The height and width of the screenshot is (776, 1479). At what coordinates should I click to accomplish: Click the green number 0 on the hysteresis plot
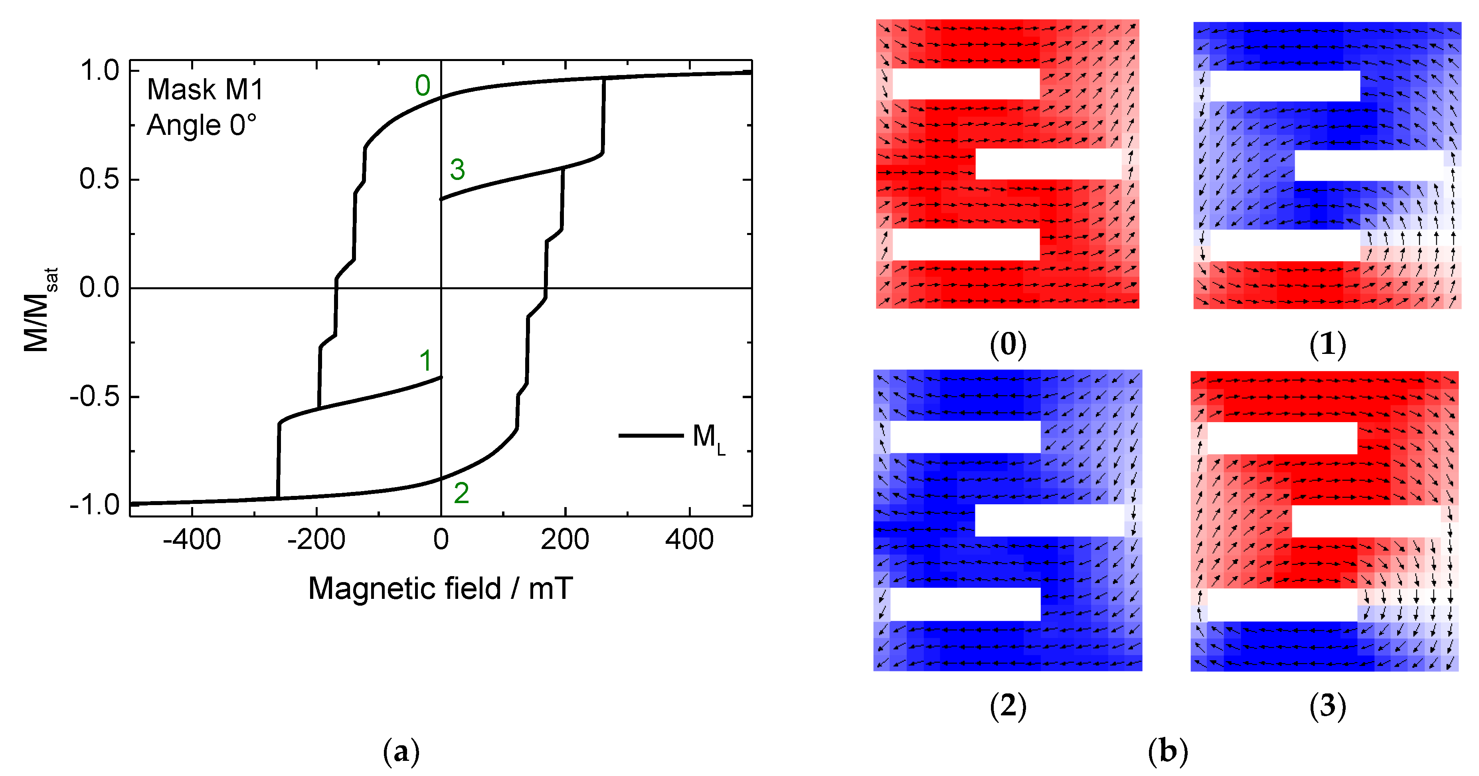pos(423,86)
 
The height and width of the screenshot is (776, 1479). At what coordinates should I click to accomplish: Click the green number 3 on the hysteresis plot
pos(457,169)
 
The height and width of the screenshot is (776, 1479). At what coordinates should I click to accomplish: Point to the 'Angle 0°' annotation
pos(201,125)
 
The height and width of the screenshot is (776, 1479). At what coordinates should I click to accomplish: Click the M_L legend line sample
pos(651,436)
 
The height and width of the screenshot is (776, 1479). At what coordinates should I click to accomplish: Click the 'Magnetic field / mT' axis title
pos(440,589)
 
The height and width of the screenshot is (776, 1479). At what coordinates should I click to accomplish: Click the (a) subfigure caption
pos(401,752)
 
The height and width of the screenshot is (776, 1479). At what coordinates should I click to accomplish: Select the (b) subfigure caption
pos(1168,752)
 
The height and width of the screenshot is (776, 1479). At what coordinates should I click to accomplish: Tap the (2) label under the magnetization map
pos(1008,706)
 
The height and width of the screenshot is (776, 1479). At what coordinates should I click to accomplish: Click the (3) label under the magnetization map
pos(1327,706)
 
